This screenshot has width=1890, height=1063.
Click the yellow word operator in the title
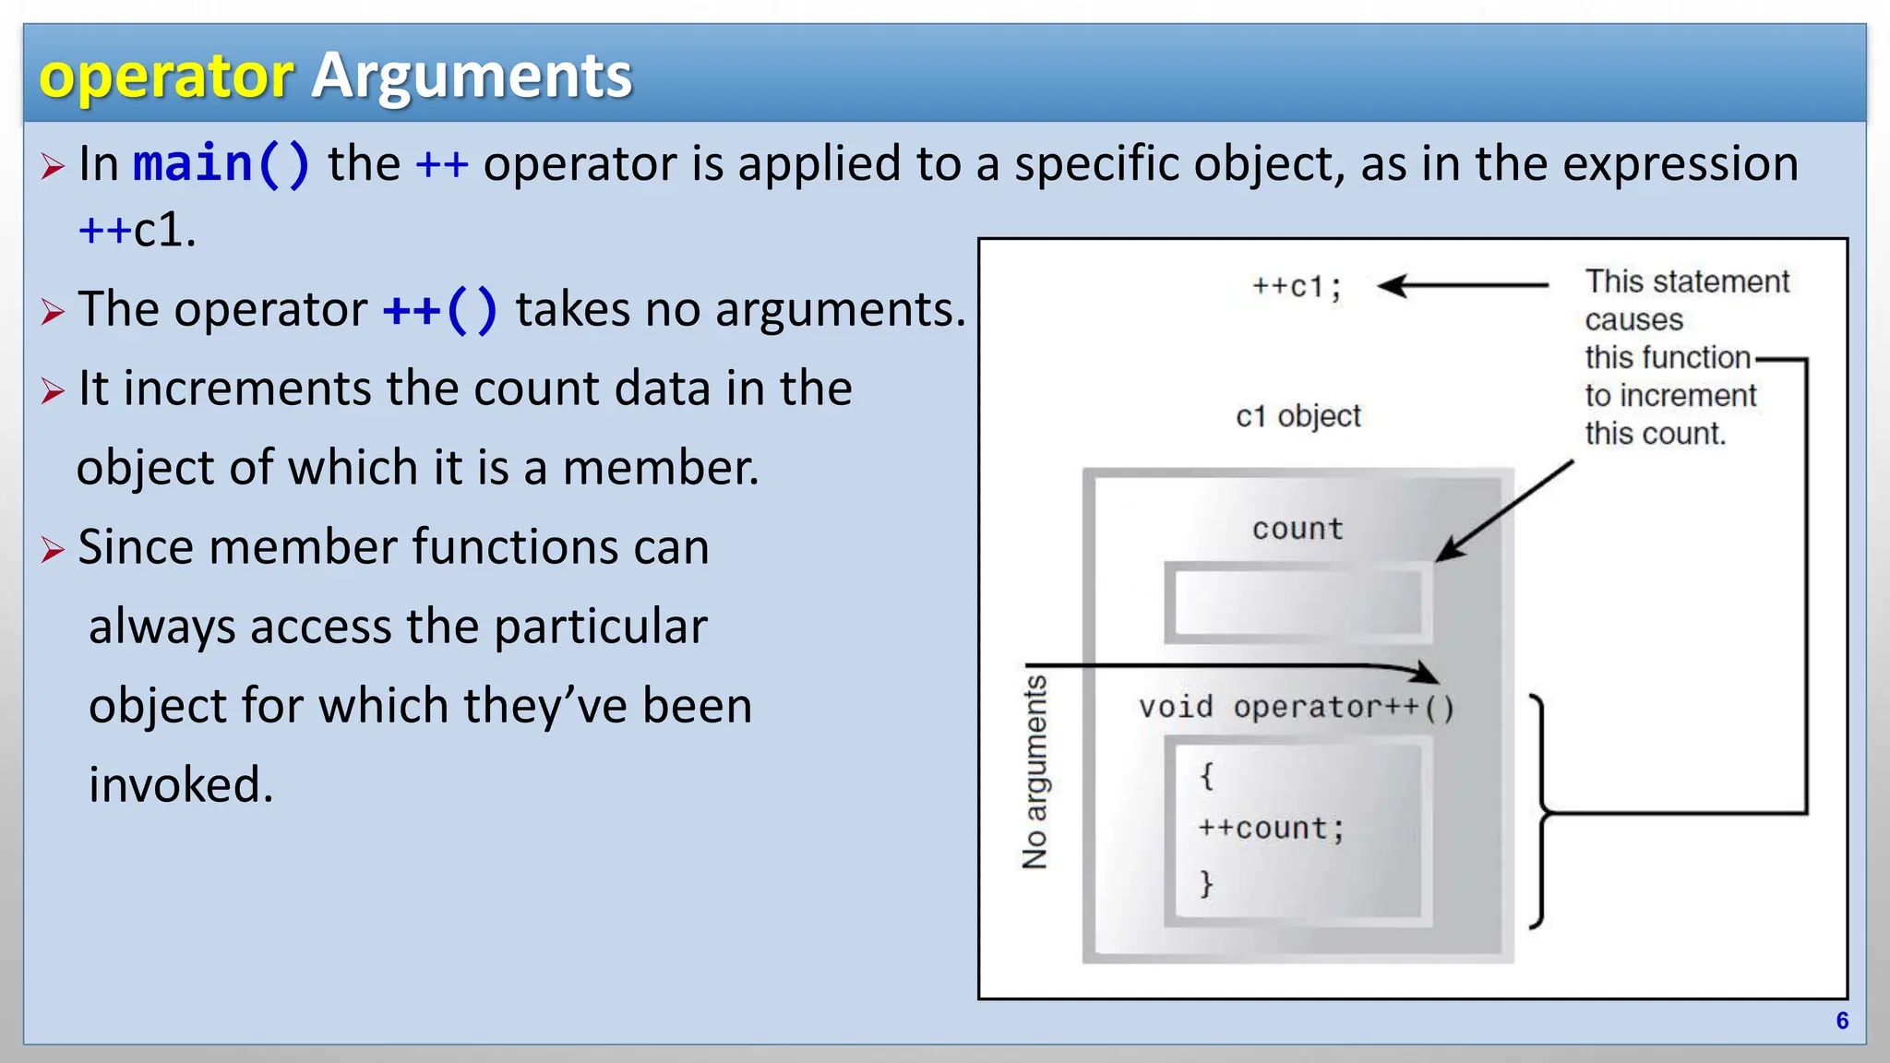pyautogui.click(x=166, y=76)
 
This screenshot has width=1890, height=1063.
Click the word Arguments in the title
pyautogui.click(x=472, y=76)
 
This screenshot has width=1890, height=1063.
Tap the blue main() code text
pyautogui.click(x=221, y=164)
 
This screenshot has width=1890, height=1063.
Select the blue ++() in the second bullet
pyautogui.click(x=440, y=309)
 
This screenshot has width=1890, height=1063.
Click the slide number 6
pyautogui.click(x=1842, y=1021)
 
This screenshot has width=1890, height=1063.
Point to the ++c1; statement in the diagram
pyautogui.click(x=1297, y=287)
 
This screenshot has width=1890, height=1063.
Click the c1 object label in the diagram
pyautogui.click(x=1298, y=416)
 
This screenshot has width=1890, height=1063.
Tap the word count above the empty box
pyautogui.click(x=1298, y=529)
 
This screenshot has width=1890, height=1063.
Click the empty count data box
pyautogui.click(x=1298, y=603)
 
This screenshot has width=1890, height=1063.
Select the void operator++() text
pyautogui.click(x=1297, y=708)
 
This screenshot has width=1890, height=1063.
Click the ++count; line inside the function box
pyautogui.click(x=1271, y=828)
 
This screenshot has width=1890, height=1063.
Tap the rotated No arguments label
pyautogui.click(x=1035, y=771)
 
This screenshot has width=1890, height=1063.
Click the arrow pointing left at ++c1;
pyautogui.click(x=1463, y=286)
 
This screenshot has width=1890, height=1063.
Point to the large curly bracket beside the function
pyautogui.click(x=1538, y=812)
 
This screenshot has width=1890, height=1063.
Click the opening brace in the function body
pyautogui.click(x=1206, y=775)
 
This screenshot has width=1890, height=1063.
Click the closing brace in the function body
pyautogui.click(x=1206, y=883)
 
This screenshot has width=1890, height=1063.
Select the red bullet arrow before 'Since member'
pyautogui.click(x=53, y=550)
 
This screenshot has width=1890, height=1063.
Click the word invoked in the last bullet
pyautogui.click(x=181, y=785)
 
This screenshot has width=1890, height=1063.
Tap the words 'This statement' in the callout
pyautogui.click(x=1687, y=281)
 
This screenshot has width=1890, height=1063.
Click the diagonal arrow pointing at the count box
pyautogui.click(x=1504, y=511)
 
